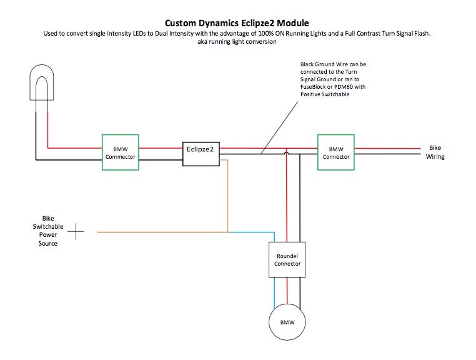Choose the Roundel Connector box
tap(287, 259)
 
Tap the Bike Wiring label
tap(435, 152)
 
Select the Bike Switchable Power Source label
tap(48, 231)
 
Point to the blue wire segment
tap(250, 232)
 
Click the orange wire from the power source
tap(162, 232)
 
